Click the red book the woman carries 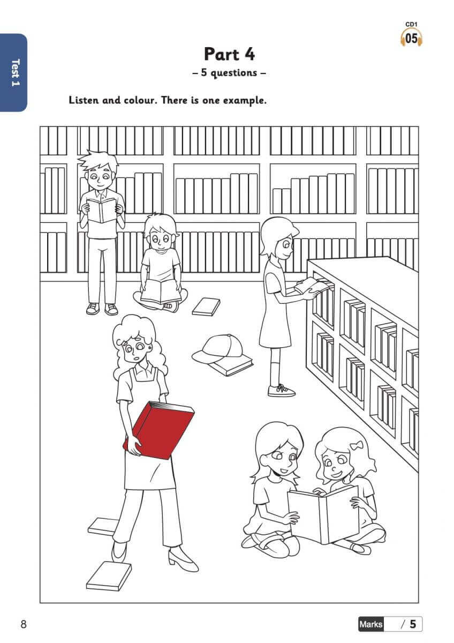pos(158,430)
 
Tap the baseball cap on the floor pos(218,349)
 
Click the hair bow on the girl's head pos(357,445)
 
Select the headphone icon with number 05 pos(411,38)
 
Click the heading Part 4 pos(229,54)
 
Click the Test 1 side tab pos(14,72)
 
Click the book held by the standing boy pos(102,211)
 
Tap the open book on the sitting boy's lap pos(161,291)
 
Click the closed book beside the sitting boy pos(206,306)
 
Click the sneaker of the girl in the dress pos(282,391)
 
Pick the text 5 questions pos(229,73)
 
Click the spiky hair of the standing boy pos(99,161)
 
